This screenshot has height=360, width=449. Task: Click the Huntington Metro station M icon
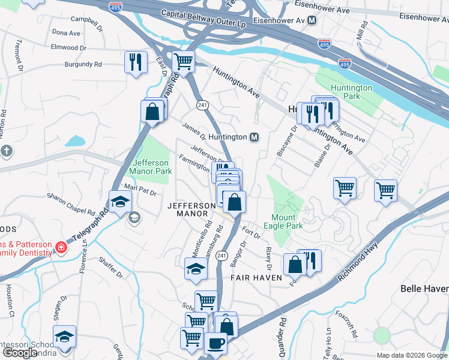(x=255, y=137)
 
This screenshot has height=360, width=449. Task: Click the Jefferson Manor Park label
(x=152, y=167)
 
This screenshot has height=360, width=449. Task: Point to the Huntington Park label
(x=352, y=91)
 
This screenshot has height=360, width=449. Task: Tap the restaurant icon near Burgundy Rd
(x=135, y=62)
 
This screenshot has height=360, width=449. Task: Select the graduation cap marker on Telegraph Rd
(x=120, y=202)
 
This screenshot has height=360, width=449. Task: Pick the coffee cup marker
(x=215, y=344)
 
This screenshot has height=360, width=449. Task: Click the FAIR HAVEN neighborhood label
(x=253, y=278)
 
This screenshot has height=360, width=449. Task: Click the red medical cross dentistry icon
(x=61, y=247)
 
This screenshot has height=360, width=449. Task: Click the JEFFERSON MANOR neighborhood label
(x=191, y=210)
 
